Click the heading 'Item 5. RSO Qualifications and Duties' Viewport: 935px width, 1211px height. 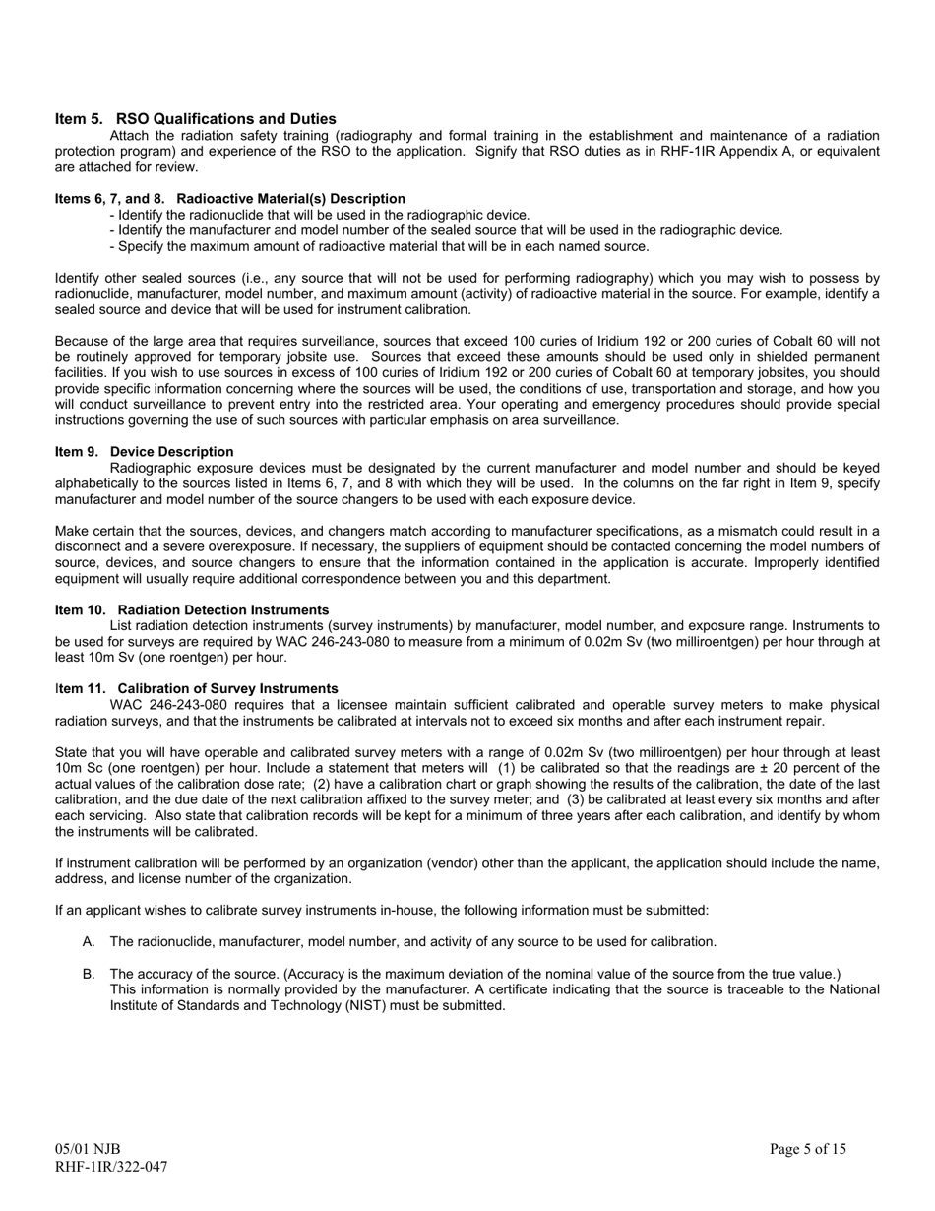point(195,119)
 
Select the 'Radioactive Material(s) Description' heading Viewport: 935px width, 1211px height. point(290,199)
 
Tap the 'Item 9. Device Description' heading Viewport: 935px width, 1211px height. point(145,452)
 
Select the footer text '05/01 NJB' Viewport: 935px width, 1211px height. point(88,1149)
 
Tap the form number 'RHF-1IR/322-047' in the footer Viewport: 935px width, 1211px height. point(111,1167)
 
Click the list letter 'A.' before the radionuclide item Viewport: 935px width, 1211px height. point(89,942)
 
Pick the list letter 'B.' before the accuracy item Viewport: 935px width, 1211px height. point(89,974)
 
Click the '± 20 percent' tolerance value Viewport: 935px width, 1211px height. point(787,768)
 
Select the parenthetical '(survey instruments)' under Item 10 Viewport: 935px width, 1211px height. point(390,626)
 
